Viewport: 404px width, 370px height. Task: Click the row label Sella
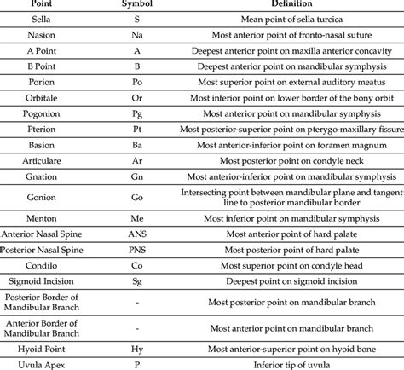(41, 19)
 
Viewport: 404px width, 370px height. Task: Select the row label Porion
(41, 82)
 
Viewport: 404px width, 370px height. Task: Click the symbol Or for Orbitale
(137, 97)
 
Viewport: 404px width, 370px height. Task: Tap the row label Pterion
(41, 129)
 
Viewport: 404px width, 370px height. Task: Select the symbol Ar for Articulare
(137, 160)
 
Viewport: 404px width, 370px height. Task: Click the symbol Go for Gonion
(137, 196)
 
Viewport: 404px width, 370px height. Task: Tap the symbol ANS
(137, 233)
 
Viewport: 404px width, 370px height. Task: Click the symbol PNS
(137, 249)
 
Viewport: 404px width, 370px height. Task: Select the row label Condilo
(41, 264)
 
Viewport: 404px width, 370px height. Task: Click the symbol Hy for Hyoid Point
(137, 348)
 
